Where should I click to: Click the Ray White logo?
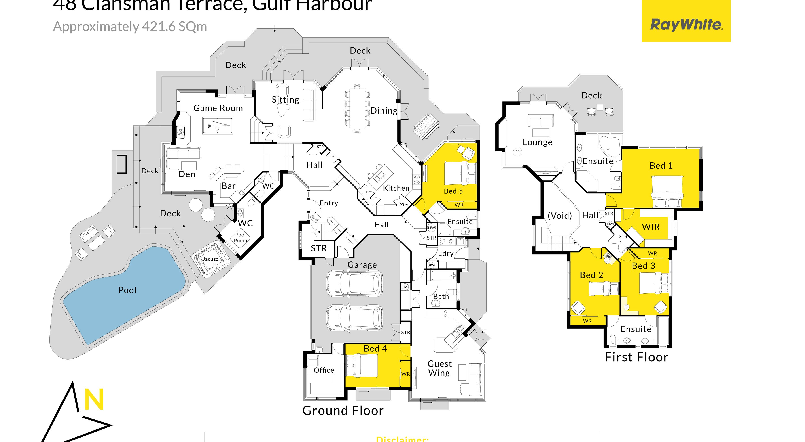pos(686,24)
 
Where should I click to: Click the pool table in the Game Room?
pos(218,126)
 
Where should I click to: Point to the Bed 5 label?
pos(453,191)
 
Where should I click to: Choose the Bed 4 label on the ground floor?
pos(375,348)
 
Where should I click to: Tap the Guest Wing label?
pos(439,368)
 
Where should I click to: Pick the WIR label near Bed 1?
pos(651,227)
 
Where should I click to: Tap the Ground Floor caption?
pos(343,411)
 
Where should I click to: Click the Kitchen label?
pos(396,188)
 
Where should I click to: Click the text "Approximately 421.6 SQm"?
pos(130,27)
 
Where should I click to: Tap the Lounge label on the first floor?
pos(538,142)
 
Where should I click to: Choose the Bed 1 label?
pos(661,166)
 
